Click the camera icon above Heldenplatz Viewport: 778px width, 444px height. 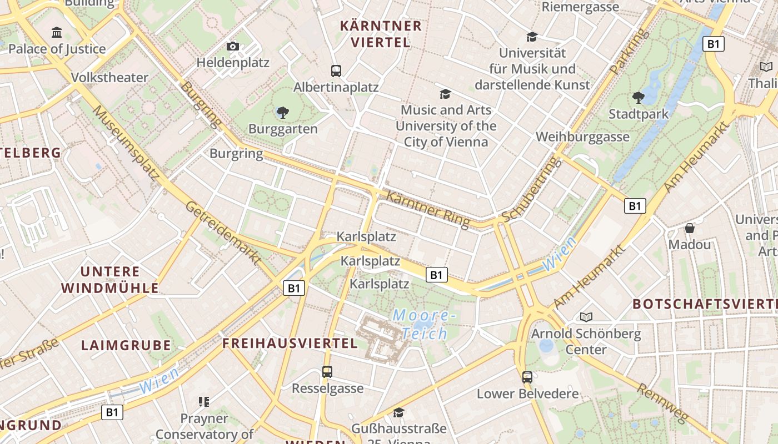point(233,46)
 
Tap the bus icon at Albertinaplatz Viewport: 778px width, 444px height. point(336,70)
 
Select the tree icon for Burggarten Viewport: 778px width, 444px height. point(283,113)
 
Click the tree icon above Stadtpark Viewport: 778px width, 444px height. point(638,98)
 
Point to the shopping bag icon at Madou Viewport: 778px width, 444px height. point(690,228)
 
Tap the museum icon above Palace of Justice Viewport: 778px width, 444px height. point(57,33)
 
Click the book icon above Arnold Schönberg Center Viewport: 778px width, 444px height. point(586,317)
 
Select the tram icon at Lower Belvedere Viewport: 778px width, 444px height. point(527,377)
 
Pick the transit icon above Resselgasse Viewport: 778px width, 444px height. point(327,372)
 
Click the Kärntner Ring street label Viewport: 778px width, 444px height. point(427,209)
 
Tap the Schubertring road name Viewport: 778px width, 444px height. point(529,189)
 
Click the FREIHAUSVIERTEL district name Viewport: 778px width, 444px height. point(290,343)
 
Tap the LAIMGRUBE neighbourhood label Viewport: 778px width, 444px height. point(126,345)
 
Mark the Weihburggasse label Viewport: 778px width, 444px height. point(582,137)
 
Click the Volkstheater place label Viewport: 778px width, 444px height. point(110,77)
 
